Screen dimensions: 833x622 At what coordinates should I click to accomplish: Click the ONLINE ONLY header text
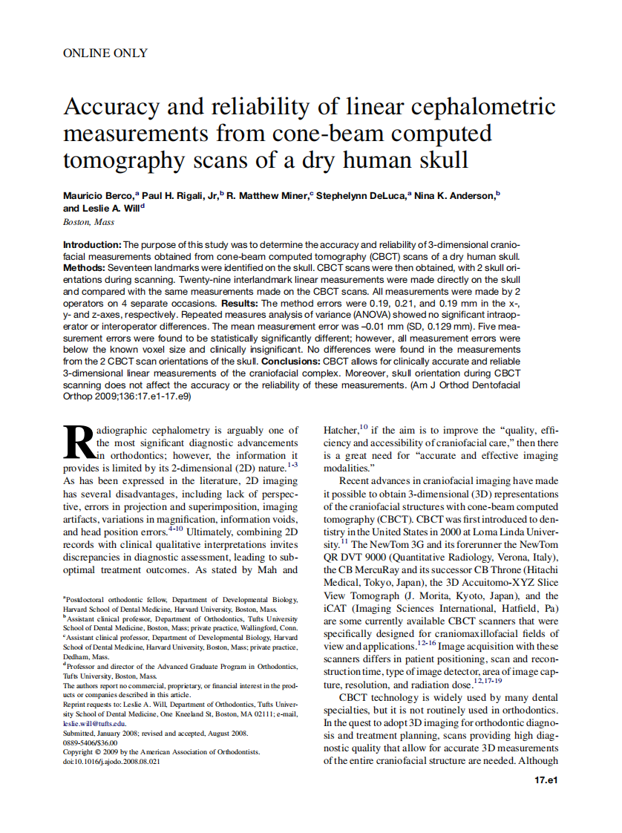105,53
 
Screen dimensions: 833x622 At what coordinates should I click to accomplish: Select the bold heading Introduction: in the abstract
92,245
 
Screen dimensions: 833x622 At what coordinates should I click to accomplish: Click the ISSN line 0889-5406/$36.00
90,742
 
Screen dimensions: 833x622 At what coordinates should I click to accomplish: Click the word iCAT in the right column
335,608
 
